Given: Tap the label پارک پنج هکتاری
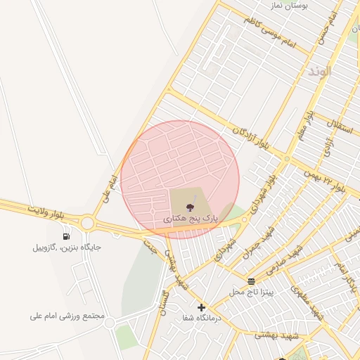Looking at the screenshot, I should point(191,219).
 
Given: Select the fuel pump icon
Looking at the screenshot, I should point(66,236).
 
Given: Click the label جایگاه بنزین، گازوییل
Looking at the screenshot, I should point(67,247).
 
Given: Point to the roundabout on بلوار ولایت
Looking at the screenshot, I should point(87,223).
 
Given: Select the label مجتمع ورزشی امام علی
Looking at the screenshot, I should point(67,316).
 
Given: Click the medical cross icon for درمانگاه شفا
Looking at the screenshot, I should point(202,307).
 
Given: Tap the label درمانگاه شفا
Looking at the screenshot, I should point(201,318).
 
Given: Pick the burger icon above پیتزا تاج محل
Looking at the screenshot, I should point(250,281).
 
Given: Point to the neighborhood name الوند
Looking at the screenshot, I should point(319,72).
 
